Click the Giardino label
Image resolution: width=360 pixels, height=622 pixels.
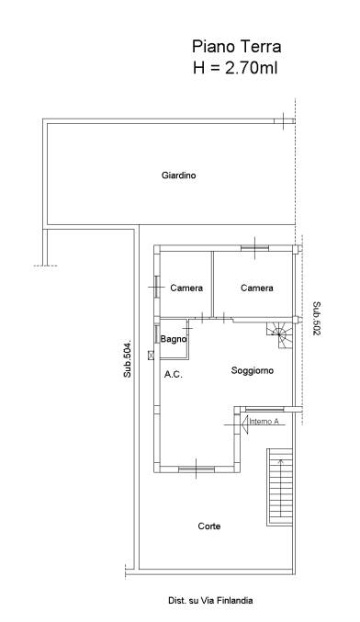click(x=178, y=175)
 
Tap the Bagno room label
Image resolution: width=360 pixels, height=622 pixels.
click(x=174, y=339)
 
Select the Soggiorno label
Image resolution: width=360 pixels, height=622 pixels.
click(x=253, y=370)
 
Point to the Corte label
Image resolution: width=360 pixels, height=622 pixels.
click(x=209, y=526)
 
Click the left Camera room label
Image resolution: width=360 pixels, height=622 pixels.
click(x=186, y=288)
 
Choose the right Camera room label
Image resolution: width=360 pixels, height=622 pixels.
click(x=257, y=288)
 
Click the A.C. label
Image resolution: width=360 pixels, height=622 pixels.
click(x=174, y=374)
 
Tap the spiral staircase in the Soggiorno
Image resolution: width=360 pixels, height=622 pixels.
click(x=280, y=335)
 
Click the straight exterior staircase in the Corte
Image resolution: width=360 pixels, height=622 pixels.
click(x=279, y=487)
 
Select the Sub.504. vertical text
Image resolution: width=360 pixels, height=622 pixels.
click(x=127, y=359)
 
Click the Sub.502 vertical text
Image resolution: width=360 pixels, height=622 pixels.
click(x=317, y=319)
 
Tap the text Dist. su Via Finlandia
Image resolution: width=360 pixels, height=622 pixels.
click(x=210, y=601)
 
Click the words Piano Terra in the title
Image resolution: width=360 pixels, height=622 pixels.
click(x=237, y=47)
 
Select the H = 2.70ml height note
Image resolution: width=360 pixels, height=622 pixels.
click(x=235, y=68)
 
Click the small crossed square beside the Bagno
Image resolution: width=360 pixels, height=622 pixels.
click(x=151, y=356)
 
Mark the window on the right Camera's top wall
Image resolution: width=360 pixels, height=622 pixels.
click(x=254, y=248)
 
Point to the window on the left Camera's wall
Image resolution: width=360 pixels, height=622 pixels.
click(x=157, y=287)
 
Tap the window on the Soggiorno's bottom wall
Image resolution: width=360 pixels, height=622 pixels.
click(x=197, y=469)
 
